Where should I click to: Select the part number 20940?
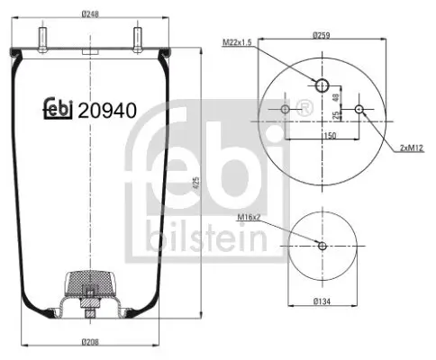point(107,111)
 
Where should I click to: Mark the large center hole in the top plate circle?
point(322,85)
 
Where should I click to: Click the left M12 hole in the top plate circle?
point(285,110)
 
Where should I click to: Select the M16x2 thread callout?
point(249,217)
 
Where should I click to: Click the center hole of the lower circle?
point(322,246)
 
